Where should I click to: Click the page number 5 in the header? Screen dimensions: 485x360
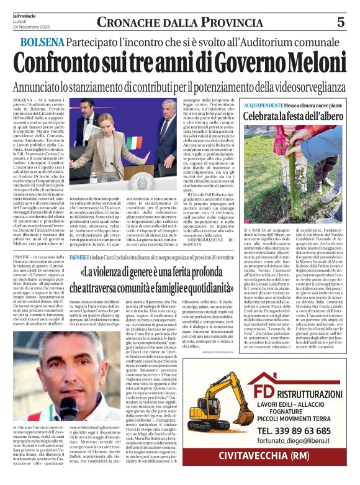coord(340,22)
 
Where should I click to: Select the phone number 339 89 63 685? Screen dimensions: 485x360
coord(293,430)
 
